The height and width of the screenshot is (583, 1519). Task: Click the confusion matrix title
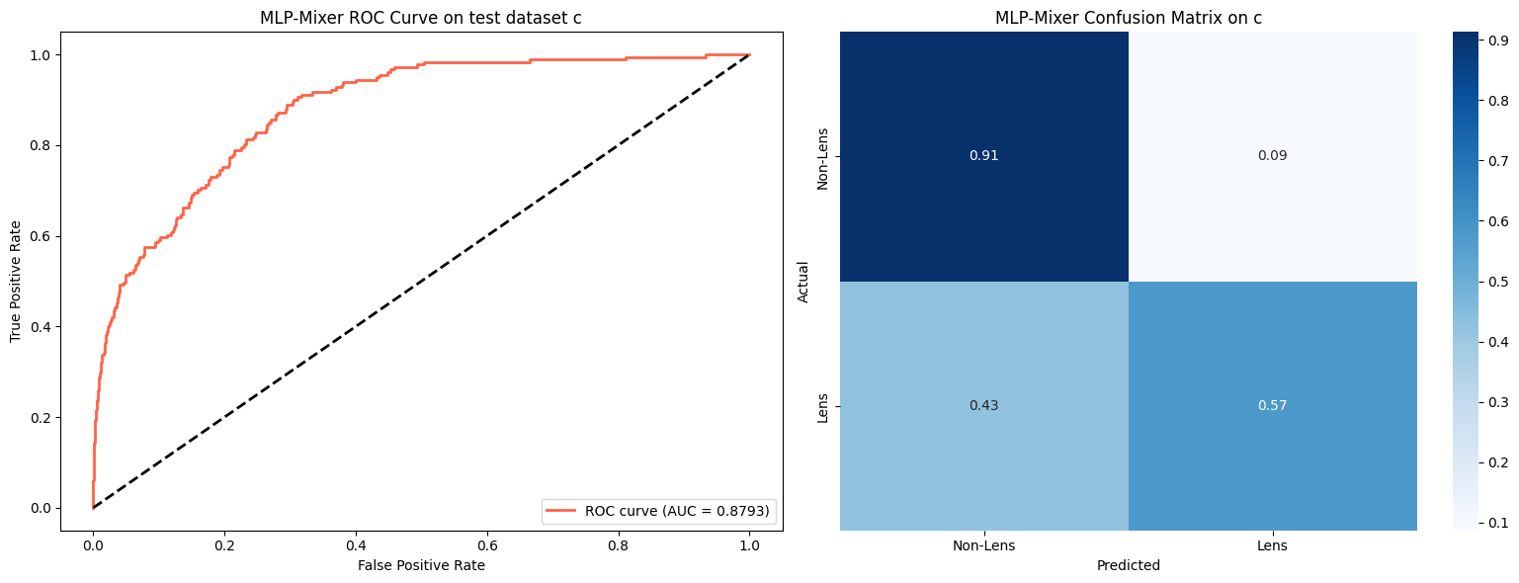click(1128, 17)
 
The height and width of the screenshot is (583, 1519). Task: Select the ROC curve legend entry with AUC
click(659, 511)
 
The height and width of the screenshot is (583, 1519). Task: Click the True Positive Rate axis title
click(16, 281)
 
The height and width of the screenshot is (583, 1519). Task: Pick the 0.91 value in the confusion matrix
click(983, 156)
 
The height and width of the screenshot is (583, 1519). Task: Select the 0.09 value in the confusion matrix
click(1272, 156)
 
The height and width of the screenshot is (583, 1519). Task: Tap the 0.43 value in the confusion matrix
click(983, 406)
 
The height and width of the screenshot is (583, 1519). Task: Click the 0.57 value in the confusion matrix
click(1272, 406)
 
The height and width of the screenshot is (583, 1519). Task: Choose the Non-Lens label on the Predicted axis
click(983, 545)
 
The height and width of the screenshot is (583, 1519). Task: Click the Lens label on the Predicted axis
click(1272, 545)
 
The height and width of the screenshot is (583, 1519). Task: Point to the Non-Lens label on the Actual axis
click(822, 156)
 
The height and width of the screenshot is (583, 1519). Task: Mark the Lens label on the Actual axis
click(822, 406)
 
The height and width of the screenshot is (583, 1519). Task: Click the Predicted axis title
click(1128, 565)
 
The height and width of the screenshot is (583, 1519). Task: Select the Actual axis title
click(803, 282)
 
